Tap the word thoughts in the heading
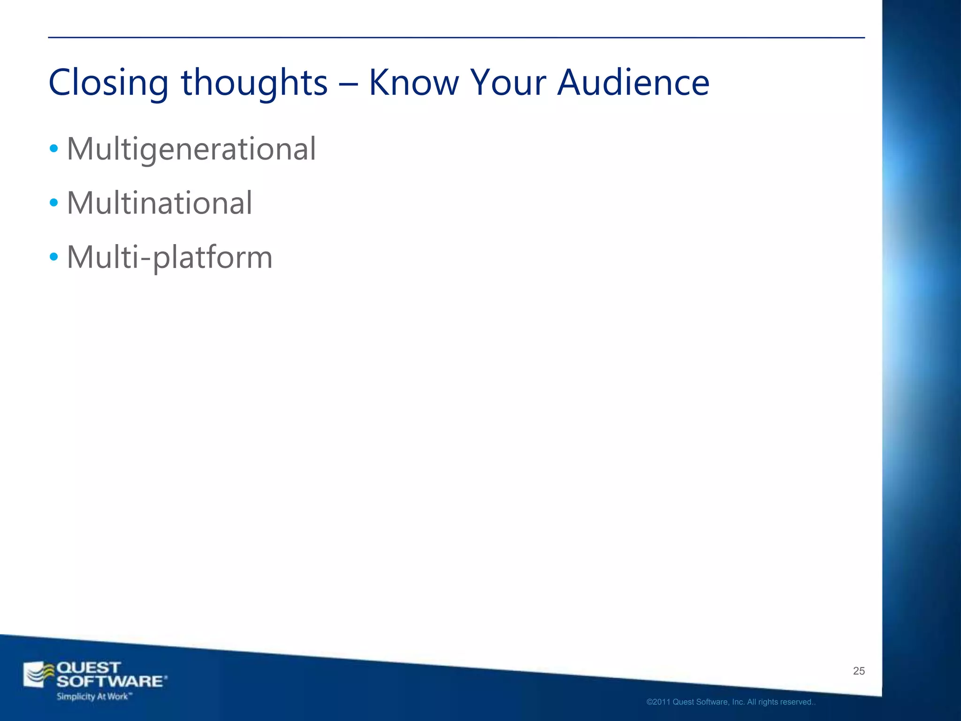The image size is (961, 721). [x=254, y=83]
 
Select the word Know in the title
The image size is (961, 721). [x=413, y=83]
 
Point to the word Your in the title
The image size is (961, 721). [x=508, y=83]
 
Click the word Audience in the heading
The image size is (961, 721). [x=633, y=83]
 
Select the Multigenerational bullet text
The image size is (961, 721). [x=191, y=149]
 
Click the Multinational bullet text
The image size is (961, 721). [x=160, y=203]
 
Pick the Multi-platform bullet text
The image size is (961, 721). [x=169, y=257]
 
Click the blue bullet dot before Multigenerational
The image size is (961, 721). [x=54, y=149]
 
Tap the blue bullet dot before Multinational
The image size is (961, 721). [x=54, y=203]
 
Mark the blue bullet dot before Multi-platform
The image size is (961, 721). [x=54, y=257]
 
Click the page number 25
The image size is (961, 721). [x=859, y=671]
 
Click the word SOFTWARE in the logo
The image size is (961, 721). [x=110, y=682]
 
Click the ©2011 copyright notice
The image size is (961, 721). [x=731, y=702]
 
